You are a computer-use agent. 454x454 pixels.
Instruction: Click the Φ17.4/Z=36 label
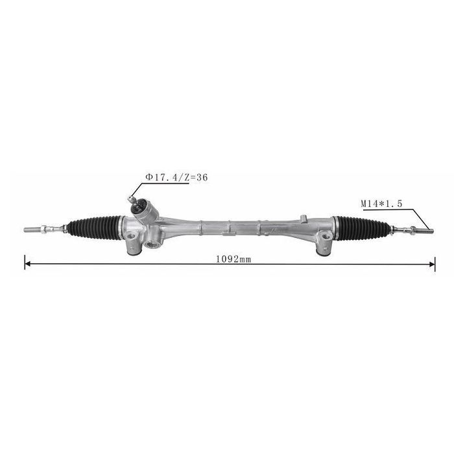click(x=176, y=176)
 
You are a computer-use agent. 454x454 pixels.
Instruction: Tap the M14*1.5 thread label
click(x=381, y=203)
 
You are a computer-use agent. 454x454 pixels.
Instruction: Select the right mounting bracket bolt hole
click(x=323, y=246)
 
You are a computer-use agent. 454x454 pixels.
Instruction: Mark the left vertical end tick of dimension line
click(x=25, y=263)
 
